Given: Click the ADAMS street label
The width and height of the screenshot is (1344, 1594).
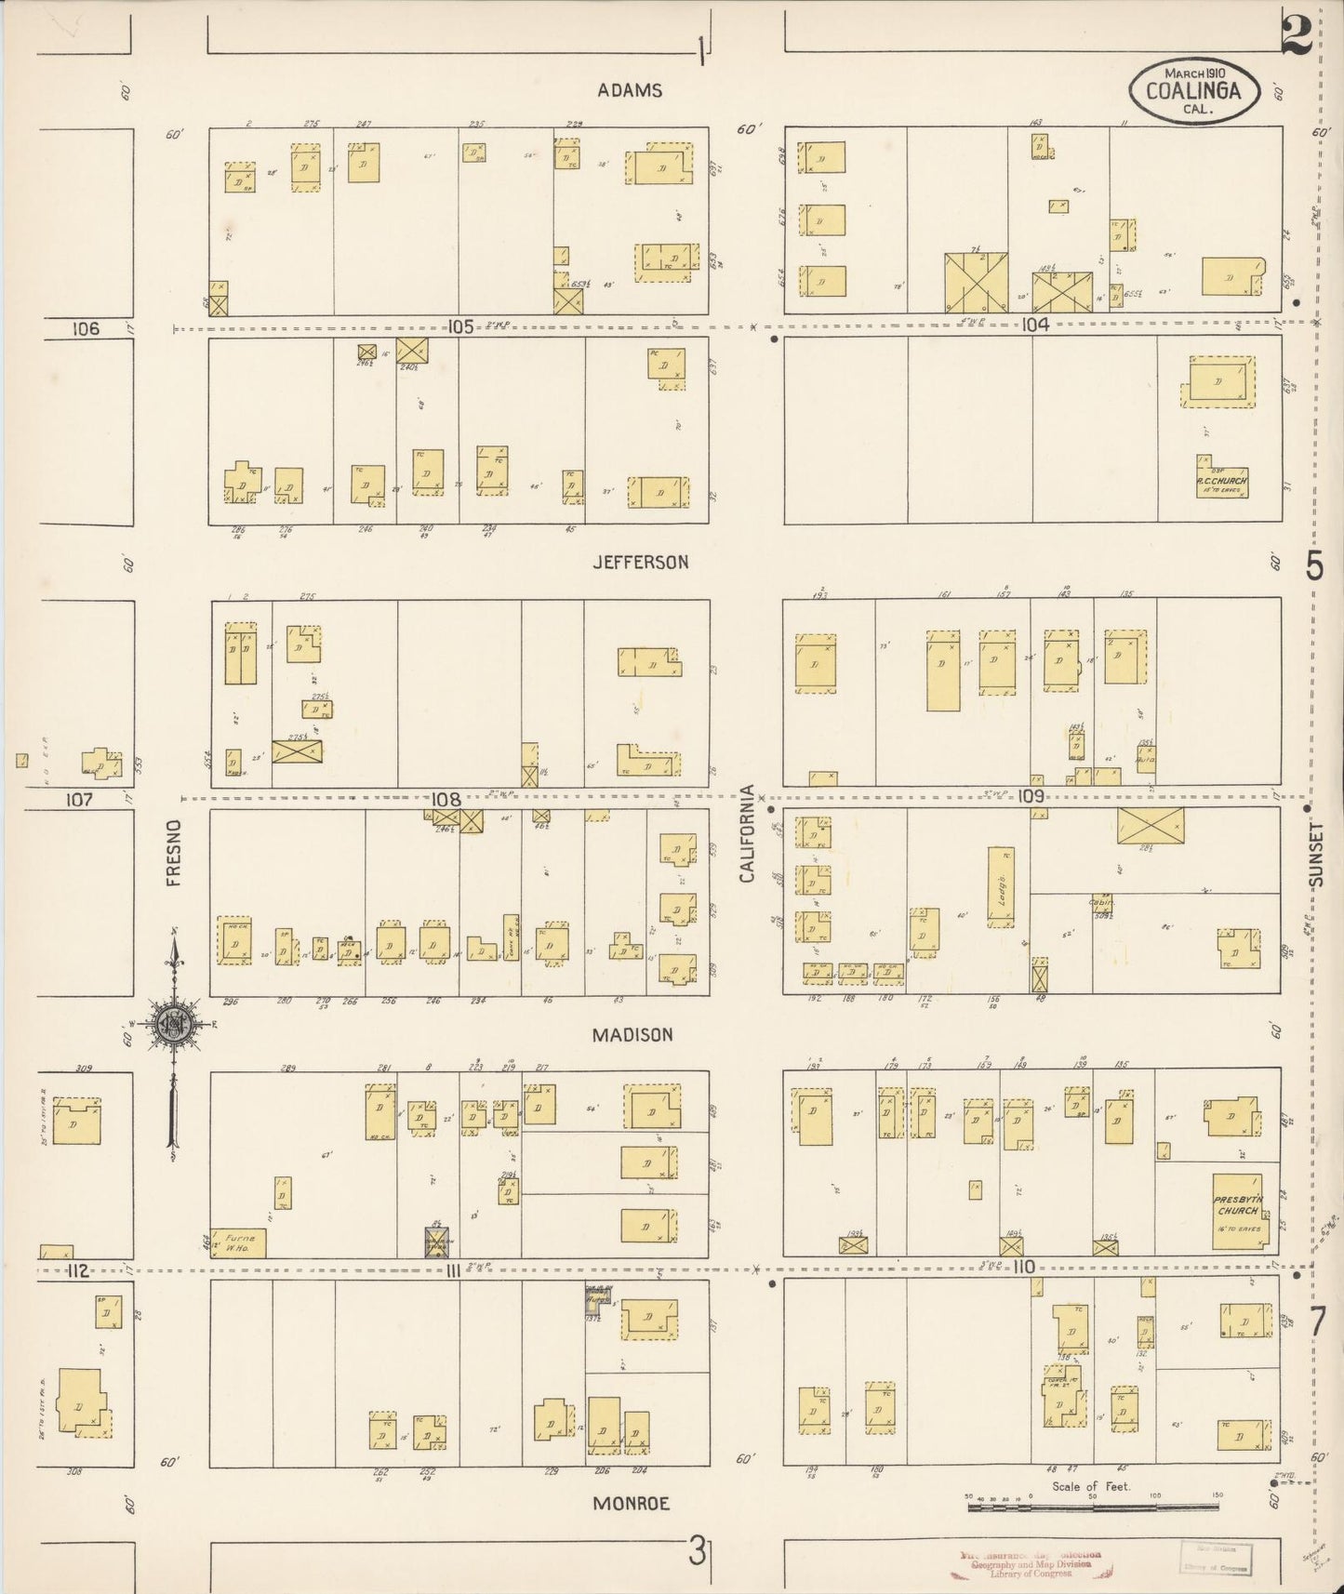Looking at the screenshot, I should pyautogui.click(x=630, y=90).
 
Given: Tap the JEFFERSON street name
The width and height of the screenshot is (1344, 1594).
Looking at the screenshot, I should pyautogui.click(x=641, y=562).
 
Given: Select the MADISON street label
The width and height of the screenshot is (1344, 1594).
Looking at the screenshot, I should pyautogui.click(x=632, y=1034).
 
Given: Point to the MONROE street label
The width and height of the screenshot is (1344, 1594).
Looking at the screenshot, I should pyautogui.click(x=631, y=1504).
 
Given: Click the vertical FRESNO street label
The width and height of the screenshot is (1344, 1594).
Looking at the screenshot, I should pyautogui.click(x=174, y=852).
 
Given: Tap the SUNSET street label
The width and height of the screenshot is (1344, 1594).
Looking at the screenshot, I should pyautogui.click(x=1314, y=854).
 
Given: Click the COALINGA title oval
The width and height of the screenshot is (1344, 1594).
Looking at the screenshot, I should pyautogui.click(x=1194, y=90).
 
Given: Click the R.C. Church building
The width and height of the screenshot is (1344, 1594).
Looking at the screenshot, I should pyautogui.click(x=1222, y=482).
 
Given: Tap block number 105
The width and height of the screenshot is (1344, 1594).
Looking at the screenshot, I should pyautogui.click(x=460, y=326).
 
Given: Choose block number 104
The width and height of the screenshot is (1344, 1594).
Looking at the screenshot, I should pyautogui.click(x=1034, y=325).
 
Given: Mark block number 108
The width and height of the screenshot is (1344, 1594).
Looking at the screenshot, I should pyautogui.click(x=446, y=799).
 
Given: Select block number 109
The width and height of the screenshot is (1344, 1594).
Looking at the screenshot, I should pyautogui.click(x=1031, y=796).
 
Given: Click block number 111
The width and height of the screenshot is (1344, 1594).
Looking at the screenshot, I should pyautogui.click(x=451, y=1270).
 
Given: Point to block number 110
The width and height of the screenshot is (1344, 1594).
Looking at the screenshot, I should pyautogui.click(x=1024, y=1267).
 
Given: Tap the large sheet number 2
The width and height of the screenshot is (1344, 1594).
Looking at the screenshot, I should pyautogui.click(x=1296, y=37).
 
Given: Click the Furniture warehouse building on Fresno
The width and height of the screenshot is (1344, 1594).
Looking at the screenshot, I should pyautogui.click(x=238, y=1242).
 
